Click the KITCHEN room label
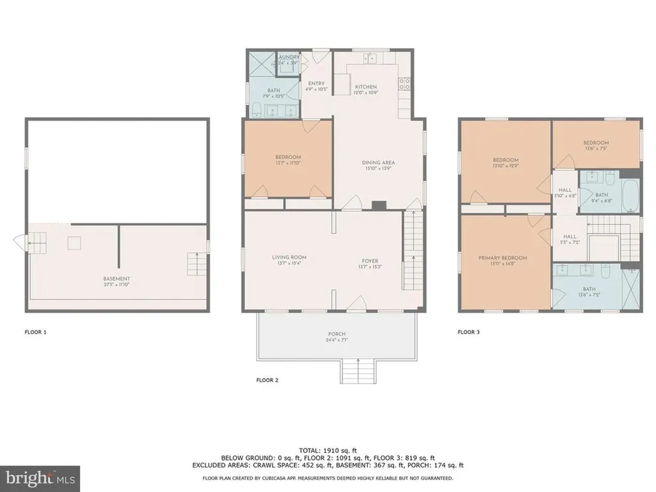pyautogui.click(x=366, y=86)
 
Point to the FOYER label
pyautogui.click(x=370, y=261)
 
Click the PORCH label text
pyautogui.click(x=336, y=334)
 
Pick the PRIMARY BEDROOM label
pyautogui.click(x=502, y=258)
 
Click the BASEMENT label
pyautogui.click(x=117, y=279)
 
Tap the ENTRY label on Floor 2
pyautogui.click(x=316, y=83)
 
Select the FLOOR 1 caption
pyautogui.click(x=35, y=332)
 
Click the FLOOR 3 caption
pyautogui.click(x=468, y=332)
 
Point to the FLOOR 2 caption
pyautogui.click(x=267, y=380)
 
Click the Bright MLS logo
pyautogui.click(x=40, y=477)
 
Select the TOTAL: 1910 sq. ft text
pyautogui.click(x=327, y=450)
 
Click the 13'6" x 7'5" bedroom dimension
pyautogui.click(x=595, y=149)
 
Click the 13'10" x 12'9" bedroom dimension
pyautogui.click(x=505, y=166)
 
